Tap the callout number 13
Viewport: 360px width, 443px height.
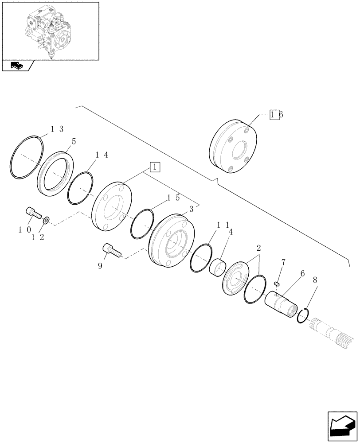[x=57, y=129]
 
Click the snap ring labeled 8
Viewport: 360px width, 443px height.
[x=303, y=315]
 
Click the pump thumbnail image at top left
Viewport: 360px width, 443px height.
[x=50, y=30]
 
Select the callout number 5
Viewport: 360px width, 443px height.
[x=74, y=142]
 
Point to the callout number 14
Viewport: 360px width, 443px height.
[x=101, y=155]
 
